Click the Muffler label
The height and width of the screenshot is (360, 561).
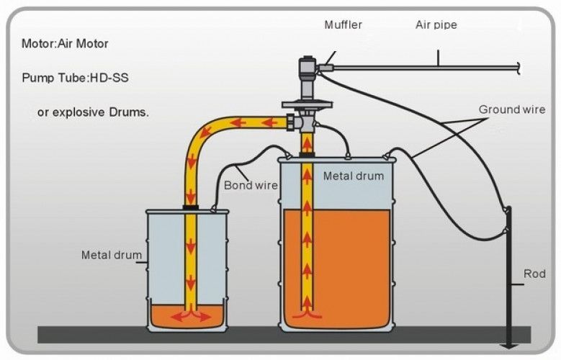(343, 24)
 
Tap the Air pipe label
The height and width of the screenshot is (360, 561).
(436, 25)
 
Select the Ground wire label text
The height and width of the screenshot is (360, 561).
(512, 109)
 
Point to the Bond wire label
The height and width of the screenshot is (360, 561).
(251, 185)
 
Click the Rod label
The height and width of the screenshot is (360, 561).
(534, 274)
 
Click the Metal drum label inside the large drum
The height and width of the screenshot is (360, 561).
(354, 176)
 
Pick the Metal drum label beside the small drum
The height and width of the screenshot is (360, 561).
(112, 255)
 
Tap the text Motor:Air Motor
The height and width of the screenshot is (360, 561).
(65, 44)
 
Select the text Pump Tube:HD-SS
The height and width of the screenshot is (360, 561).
(75, 78)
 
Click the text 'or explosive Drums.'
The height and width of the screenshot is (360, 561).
(93, 112)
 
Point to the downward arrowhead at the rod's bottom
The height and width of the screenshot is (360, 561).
(508, 346)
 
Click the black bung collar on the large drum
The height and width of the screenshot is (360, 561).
(307, 155)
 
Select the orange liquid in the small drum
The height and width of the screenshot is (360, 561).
(187, 316)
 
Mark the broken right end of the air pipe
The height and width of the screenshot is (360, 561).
(518, 68)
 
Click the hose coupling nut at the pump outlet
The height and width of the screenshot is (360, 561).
(292, 122)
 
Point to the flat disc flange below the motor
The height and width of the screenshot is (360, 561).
(307, 105)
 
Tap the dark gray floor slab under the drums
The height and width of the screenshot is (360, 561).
(284, 336)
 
